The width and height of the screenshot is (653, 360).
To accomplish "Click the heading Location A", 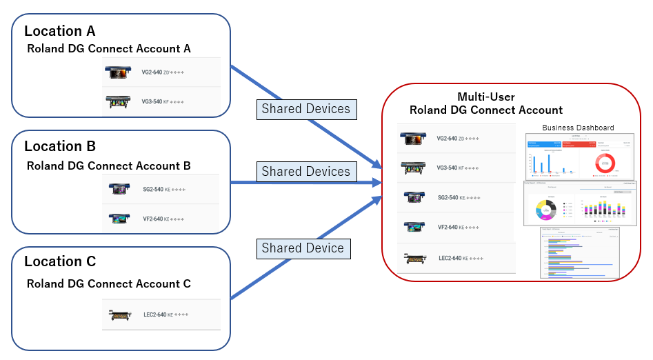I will [x=59, y=31].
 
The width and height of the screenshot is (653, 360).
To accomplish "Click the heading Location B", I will [x=59, y=146].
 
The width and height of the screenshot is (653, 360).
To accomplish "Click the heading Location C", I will [x=59, y=261].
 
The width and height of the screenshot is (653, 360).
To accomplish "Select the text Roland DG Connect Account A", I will [x=108, y=49].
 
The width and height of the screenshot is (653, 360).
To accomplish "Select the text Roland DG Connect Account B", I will [x=108, y=166].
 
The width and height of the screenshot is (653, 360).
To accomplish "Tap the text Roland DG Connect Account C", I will [x=108, y=283].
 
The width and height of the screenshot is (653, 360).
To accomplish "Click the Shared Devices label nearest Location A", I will [x=305, y=109].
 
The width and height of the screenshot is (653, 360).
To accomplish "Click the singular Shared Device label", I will [x=302, y=248].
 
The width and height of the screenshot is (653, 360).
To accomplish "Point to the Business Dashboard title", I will [x=578, y=128].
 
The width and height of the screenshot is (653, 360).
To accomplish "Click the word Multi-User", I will [x=485, y=97].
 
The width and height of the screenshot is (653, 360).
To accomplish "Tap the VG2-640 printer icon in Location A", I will [x=117, y=72].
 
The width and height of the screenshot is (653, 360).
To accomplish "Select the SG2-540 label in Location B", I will [x=153, y=189].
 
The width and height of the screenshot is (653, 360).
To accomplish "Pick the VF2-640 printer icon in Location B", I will [x=117, y=219].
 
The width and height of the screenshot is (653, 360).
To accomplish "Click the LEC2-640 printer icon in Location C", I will [x=119, y=314].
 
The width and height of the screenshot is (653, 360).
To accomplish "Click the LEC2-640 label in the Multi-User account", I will [x=450, y=259].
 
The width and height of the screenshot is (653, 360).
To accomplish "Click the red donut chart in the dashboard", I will [x=604, y=162].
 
